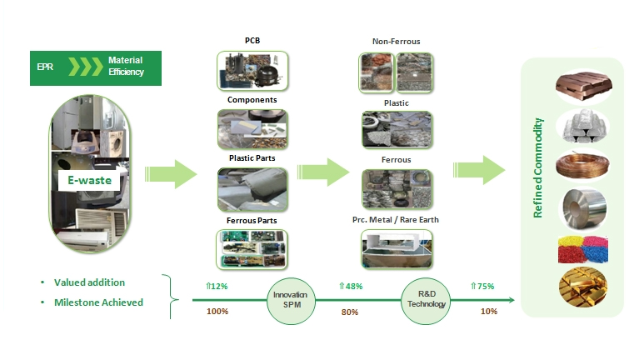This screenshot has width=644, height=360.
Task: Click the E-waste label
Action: click(89, 180)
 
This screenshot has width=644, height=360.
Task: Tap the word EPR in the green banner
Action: click(45, 67)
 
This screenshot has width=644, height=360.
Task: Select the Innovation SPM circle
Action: click(291, 300)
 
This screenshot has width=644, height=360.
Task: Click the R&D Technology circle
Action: click(426, 300)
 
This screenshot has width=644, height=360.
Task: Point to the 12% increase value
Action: click(217, 286)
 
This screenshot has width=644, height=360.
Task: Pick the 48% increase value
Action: click(351, 286)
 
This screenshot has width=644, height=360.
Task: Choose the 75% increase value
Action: click(482, 286)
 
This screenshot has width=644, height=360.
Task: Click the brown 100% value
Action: click(217, 311)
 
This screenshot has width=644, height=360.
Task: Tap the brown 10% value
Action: click(489, 312)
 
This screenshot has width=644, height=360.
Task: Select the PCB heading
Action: click(252, 40)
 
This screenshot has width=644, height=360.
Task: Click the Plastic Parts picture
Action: click(252, 189)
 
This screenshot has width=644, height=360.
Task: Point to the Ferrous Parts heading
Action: click(252, 221)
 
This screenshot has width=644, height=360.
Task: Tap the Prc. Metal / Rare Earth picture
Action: click(397, 249)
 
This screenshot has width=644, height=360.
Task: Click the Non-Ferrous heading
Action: click(396, 41)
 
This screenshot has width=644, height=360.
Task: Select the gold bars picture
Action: click(583, 287)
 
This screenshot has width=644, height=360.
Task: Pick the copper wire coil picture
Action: click(582, 165)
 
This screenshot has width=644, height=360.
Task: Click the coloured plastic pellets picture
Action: click(583, 249)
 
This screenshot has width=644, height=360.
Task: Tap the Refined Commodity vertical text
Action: click(537, 167)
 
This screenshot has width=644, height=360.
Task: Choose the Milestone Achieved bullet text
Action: click(98, 302)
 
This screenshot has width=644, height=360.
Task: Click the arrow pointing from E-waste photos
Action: click(171, 174)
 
